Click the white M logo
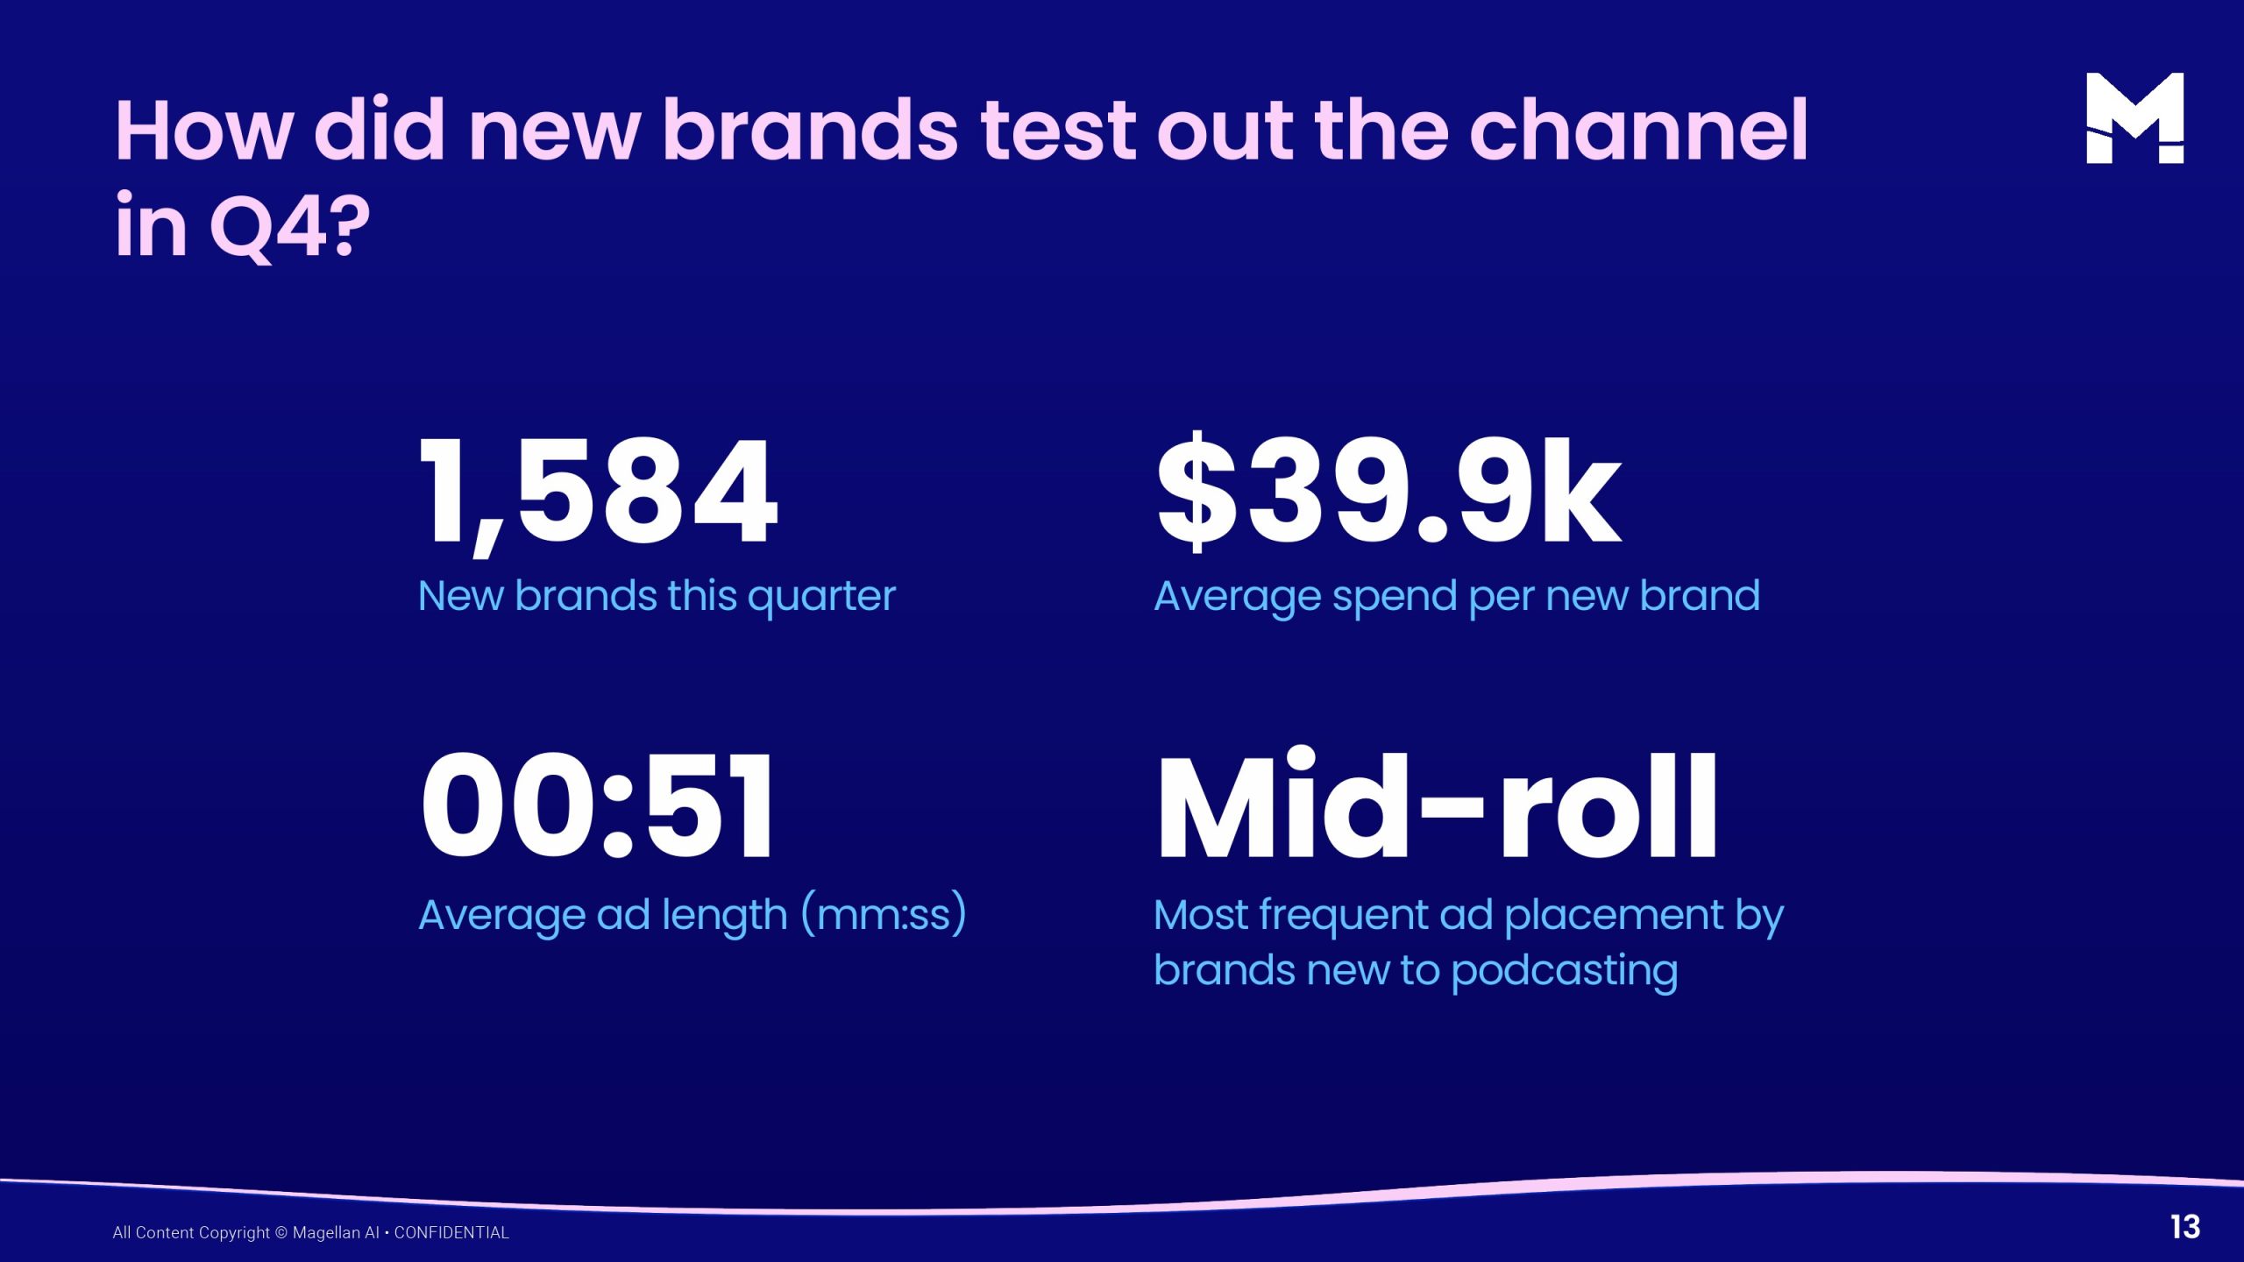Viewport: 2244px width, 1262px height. (x=2134, y=117)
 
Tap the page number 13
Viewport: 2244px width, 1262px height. (x=2185, y=1227)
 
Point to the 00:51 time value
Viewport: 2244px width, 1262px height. (x=597, y=807)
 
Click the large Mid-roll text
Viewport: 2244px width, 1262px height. (x=1437, y=804)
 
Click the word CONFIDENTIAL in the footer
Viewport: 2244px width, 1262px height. (x=451, y=1233)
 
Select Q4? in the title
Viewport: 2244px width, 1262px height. (x=290, y=227)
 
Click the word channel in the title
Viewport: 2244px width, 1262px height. (x=1638, y=131)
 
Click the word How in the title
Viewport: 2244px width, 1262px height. (x=203, y=131)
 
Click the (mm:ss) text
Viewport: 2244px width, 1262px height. (x=884, y=914)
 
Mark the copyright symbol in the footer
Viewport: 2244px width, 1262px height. (x=281, y=1233)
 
